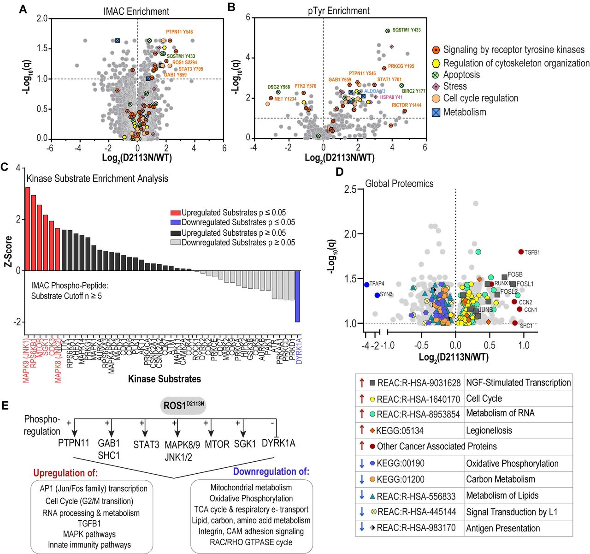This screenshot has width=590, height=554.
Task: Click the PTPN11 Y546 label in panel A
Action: click(x=179, y=32)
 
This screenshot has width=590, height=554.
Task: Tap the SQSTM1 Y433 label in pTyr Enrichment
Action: click(x=406, y=30)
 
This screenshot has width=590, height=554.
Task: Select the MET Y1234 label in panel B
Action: click(x=285, y=99)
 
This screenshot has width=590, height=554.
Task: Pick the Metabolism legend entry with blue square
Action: click(x=464, y=112)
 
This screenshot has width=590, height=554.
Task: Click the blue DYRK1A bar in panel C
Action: click(x=297, y=296)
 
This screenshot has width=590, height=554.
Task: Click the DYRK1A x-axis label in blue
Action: click(x=299, y=351)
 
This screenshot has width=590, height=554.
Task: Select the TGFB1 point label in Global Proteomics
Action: click(x=532, y=252)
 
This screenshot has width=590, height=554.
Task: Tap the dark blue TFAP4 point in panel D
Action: click(x=366, y=285)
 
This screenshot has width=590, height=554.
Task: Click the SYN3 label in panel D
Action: click(x=386, y=294)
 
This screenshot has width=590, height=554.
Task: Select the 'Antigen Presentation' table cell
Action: click(x=503, y=528)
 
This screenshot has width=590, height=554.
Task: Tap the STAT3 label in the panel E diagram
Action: click(x=146, y=444)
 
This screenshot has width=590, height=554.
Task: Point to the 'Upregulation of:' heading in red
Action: click(x=65, y=473)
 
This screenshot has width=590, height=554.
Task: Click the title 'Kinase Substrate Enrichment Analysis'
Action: click(x=97, y=179)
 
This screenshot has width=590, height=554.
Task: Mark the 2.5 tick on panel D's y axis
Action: click(x=350, y=190)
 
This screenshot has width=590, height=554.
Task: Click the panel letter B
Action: click(x=232, y=7)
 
